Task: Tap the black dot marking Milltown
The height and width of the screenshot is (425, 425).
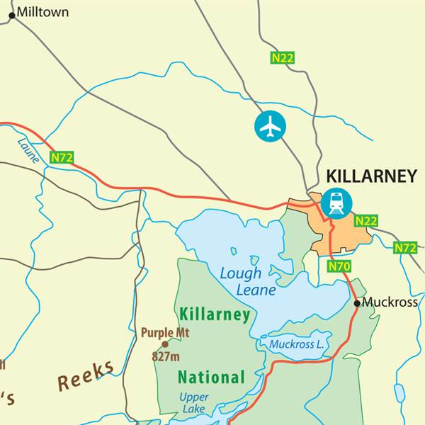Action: [11, 15]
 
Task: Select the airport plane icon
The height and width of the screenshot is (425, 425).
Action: [270, 126]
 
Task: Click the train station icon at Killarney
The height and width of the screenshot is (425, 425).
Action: [336, 203]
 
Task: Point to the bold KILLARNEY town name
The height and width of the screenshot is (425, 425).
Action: [370, 176]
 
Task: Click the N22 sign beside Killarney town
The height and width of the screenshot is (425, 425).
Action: [366, 221]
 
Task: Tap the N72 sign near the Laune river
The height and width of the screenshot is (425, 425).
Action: [62, 157]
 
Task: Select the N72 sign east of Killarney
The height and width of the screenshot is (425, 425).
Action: [405, 248]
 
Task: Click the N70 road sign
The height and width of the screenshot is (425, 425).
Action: [339, 266]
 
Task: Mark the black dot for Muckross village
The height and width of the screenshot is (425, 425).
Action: [357, 303]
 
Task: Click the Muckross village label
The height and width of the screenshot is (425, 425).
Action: [390, 302]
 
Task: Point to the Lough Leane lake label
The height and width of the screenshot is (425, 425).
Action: [241, 281]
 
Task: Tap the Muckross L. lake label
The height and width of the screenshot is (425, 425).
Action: [296, 345]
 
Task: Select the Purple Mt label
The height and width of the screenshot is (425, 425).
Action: [165, 332]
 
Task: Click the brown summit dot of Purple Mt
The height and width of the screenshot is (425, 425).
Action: [165, 344]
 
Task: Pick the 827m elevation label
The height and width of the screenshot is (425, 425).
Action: [166, 356]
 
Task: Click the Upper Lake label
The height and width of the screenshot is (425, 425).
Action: [193, 403]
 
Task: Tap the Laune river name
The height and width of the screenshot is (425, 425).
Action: [28, 151]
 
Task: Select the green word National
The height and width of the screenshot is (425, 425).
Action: [211, 377]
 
